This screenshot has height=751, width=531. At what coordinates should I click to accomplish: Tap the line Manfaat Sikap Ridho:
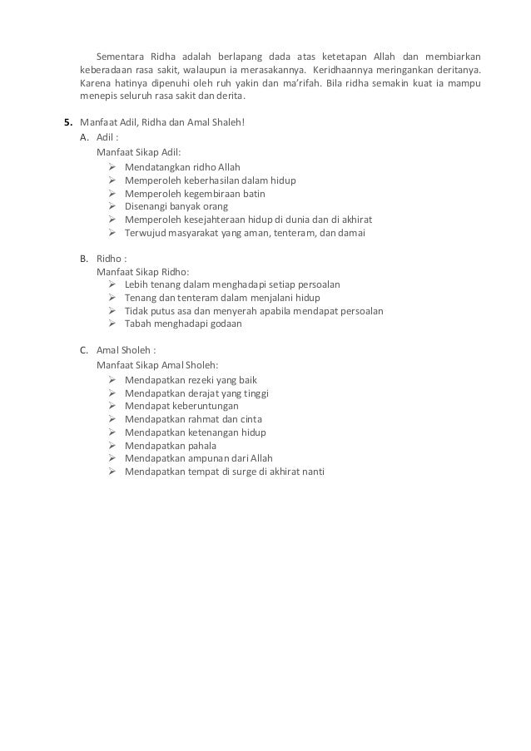click(x=142, y=271)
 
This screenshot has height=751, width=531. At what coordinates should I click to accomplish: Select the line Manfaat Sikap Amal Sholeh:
click(x=157, y=363)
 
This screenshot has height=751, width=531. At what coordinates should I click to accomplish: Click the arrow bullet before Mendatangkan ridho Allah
click(x=112, y=166)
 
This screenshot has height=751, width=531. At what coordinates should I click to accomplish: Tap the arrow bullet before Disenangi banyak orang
click(x=112, y=206)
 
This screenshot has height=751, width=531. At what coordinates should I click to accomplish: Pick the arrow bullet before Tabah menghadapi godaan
click(x=112, y=324)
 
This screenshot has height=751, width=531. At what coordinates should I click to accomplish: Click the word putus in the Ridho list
click(x=165, y=311)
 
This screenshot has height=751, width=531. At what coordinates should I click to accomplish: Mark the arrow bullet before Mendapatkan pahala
click(x=112, y=445)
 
